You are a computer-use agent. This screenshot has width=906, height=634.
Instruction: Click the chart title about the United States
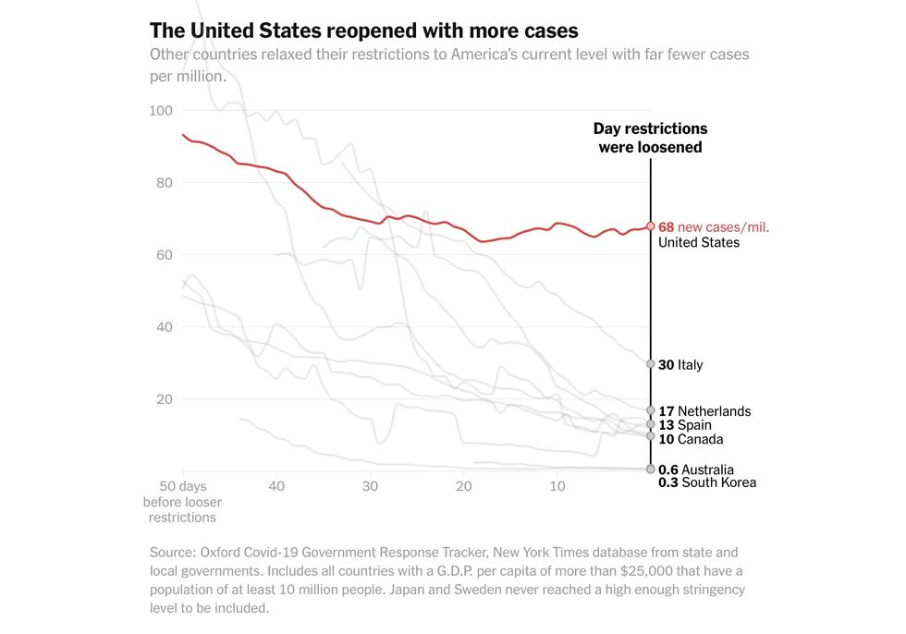coord(364,30)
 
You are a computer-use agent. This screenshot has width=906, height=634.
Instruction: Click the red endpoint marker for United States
coord(651,226)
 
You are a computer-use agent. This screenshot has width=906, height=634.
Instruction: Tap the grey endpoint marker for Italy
coord(651,364)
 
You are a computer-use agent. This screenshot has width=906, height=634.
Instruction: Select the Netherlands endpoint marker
coord(651,410)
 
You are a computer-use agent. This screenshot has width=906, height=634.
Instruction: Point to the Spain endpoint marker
coord(651,424)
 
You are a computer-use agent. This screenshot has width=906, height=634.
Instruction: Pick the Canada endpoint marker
coord(651,436)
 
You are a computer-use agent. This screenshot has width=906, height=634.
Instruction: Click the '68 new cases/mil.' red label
coord(714,227)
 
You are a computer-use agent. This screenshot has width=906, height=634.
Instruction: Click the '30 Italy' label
coord(680,365)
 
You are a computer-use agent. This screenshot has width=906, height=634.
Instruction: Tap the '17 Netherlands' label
coord(704,411)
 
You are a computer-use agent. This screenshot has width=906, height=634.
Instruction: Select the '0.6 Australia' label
coord(696,469)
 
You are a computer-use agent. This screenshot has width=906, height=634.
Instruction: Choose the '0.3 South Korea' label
coord(707,482)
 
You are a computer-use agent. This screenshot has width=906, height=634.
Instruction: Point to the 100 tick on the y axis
coord(161,111)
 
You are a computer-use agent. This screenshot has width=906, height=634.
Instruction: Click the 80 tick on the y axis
coord(165,183)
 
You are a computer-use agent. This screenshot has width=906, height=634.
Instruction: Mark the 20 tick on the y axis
coord(165,399)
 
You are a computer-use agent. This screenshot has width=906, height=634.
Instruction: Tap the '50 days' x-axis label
coord(182,486)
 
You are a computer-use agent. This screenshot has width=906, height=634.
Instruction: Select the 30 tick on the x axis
coord(370,486)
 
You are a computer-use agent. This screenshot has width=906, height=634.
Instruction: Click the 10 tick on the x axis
coord(557,486)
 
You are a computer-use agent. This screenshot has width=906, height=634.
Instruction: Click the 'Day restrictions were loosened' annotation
coord(650,138)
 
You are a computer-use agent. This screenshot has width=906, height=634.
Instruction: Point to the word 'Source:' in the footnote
coord(174,553)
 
